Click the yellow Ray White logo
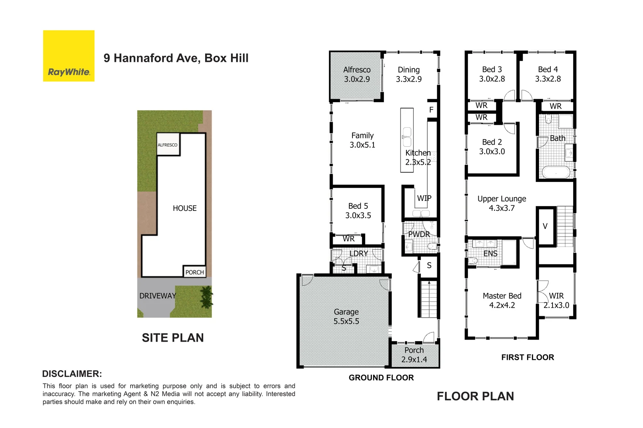tap(69, 56)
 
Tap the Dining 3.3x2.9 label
tap(408, 75)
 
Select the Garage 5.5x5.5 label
tap(346, 317)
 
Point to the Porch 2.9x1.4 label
tap(414, 355)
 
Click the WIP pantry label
tap(424, 198)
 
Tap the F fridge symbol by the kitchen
tap(431, 110)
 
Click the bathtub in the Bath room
tap(556, 172)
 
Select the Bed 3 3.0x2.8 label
tap(492, 74)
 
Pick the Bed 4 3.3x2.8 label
tap(548, 74)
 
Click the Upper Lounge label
tap(502, 203)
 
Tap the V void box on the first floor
tap(545, 226)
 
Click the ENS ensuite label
tap(490, 254)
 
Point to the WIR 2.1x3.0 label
tap(556, 301)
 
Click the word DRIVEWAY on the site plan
tap(157, 296)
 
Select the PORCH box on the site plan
tap(194, 272)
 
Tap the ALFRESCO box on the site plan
tap(167, 145)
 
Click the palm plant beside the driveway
tap(206, 297)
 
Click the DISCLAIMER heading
tap(72, 374)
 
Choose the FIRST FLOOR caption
tap(527, 357)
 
